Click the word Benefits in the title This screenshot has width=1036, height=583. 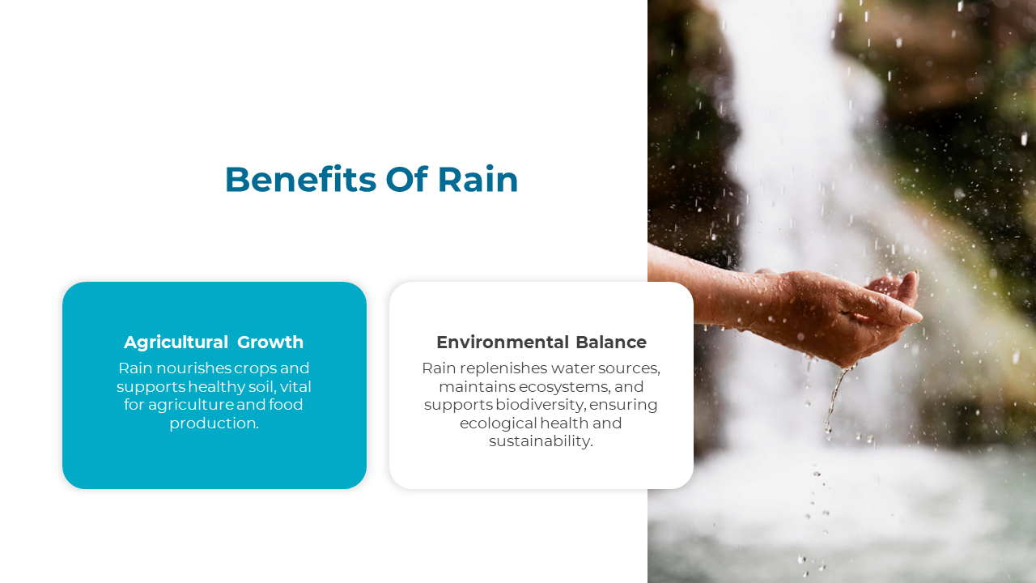(300, 179)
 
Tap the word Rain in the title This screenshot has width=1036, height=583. (478, 179)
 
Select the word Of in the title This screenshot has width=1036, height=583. (406, 179)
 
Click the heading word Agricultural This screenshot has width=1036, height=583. (176, 343)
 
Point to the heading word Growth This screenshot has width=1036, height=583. (270, 343)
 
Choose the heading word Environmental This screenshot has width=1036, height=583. (503, 343)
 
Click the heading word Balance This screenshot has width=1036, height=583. (611, 343)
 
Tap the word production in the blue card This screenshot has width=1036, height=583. (212, 423)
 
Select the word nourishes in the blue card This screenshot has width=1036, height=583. (193, 368)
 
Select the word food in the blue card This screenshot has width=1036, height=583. (286, 405)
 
